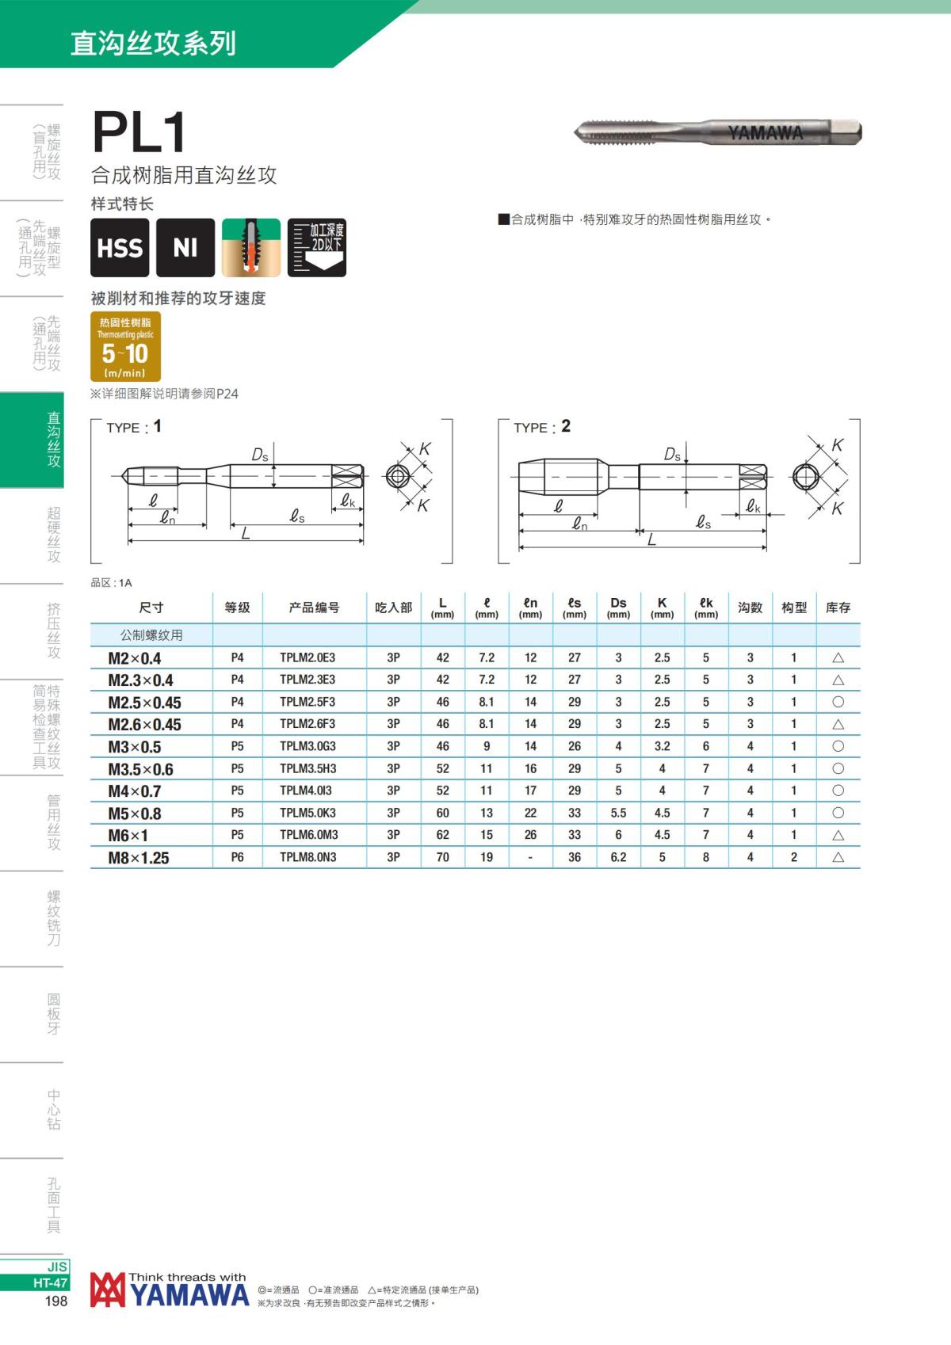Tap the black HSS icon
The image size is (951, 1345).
click(x=120, y=248)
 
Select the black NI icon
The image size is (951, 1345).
click(x=185, y=248)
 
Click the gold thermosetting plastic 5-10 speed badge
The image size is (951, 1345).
click(x=126, y=346)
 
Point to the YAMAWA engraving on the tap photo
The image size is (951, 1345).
click(x=766, y=132)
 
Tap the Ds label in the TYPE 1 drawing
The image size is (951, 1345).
click(x=260, y=455)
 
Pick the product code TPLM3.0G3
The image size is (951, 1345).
click(x=307, y=746)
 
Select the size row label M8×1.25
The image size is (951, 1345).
click(x=139, y=858)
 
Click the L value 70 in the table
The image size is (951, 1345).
click(x=442, y=857)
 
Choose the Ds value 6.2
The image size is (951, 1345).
click(x=618, y=857)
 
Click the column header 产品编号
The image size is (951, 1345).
click(x=314, y=608)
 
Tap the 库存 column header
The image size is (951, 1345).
click(x=838, y=608)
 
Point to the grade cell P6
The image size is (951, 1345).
click(x=237, y=857)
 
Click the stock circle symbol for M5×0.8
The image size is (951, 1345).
click(x=838, y=813)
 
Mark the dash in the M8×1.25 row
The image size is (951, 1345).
click(x=530, y=857)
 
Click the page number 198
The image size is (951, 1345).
click(x=56, y=1301)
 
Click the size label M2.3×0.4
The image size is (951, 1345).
click(x=140, y=680)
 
